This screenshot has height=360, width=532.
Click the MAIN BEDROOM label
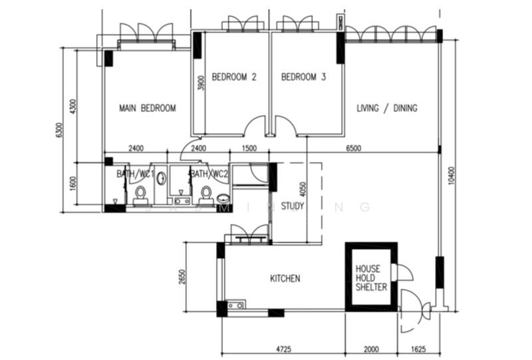click(147, 108)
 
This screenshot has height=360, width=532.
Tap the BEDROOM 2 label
click(234, 77)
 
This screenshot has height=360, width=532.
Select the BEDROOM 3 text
click(303, 77)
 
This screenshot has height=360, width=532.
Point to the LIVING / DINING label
click(387, 108)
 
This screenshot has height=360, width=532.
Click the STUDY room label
click(292, 206)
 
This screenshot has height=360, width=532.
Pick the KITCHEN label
click(285, 278)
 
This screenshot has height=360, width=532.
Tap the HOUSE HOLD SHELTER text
click(368, 278)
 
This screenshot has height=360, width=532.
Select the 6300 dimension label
click(60, 131)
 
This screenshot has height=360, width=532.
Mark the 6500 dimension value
click(353, 148)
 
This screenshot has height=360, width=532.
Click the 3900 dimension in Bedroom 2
click(200, 83)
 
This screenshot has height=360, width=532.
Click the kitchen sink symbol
click(235, 305)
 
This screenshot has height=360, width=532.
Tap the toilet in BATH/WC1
click(140, 193)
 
